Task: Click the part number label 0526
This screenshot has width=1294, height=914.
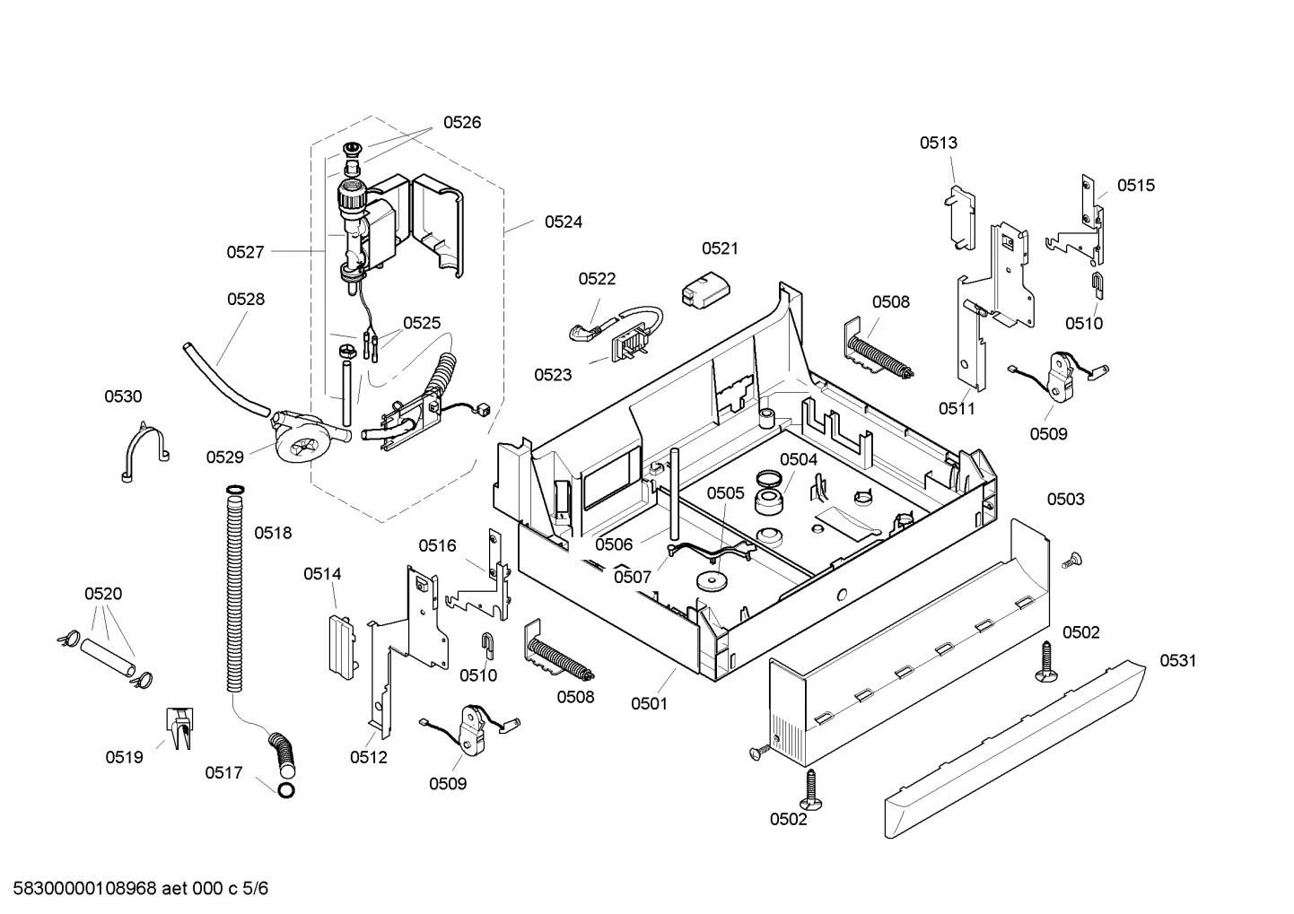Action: pos(462,123)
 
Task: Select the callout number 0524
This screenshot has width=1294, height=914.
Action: pos(564,222)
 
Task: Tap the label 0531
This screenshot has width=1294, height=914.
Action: pos(1177,661)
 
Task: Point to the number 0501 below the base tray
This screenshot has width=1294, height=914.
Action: pos(649,703)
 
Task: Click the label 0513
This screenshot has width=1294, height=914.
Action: pos(938,143)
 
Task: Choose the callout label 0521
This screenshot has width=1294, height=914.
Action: pos(720,248)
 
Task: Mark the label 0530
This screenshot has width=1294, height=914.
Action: pos(123,396)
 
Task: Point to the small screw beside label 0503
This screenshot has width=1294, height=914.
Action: pos(1071,561)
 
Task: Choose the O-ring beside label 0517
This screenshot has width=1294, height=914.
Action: pos(286,790)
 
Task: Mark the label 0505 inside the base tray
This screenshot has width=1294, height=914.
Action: pos(725,492)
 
